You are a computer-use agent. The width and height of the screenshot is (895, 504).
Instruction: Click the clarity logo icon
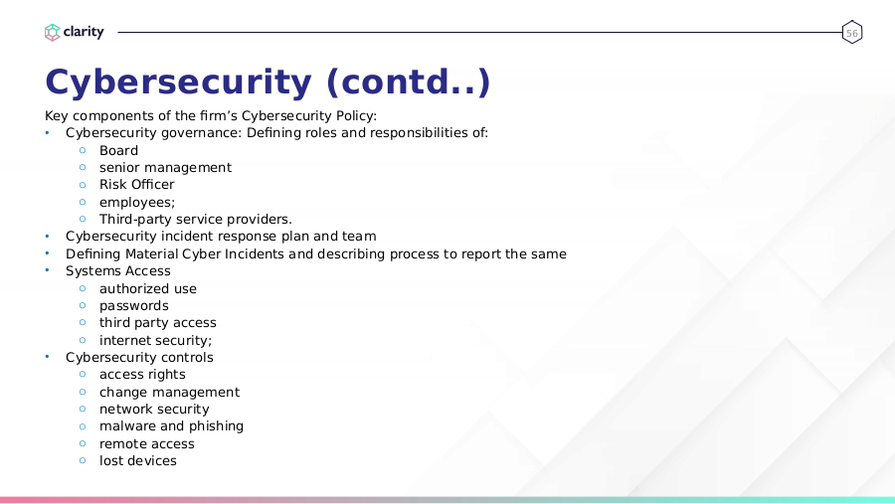click(x=52, y=33)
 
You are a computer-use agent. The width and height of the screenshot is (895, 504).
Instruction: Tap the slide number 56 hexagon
click(x=851, y=33)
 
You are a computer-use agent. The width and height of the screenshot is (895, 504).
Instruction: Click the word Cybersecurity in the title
click(x=179, y=83)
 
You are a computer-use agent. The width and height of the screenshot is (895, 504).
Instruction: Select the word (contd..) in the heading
click(x=409, y=83)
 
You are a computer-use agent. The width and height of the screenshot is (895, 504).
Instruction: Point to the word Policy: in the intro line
click(x=356, y=116)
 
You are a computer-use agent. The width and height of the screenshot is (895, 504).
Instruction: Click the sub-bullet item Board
click(x=118, y=151)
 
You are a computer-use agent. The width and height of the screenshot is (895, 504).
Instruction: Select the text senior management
click(x=165, y=168)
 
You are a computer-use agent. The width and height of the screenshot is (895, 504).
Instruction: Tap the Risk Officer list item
click(x=137, y=185)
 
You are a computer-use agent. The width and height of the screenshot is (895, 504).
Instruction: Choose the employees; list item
click(x=137, y=203)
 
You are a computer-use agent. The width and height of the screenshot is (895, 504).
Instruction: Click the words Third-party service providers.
click(x=196, y=220)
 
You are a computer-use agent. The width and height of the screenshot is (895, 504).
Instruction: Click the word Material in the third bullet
click(x=152, y=254)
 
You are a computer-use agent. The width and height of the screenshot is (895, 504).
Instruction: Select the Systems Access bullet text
click(x=118, y=271)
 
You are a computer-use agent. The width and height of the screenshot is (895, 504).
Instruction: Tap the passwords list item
click(x=134, y=306)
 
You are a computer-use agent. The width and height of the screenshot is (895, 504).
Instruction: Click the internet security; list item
click(x=156, y=341)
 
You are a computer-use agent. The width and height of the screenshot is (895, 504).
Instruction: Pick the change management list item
click(x=169, y=393)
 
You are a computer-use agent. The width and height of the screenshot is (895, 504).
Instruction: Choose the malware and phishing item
click(x=171, y=426)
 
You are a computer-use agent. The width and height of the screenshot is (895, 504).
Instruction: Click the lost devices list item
click(x=138, y=461)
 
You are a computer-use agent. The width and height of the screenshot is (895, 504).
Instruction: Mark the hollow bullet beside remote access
click(x=83, y=443)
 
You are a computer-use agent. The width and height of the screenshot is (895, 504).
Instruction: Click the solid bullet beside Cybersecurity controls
click(x=48, y=357)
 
